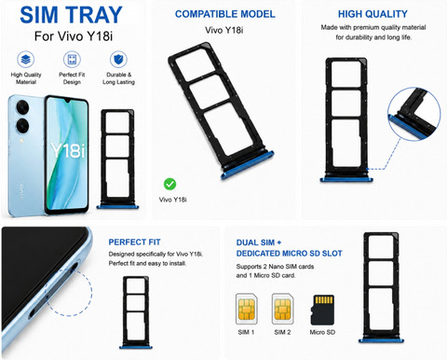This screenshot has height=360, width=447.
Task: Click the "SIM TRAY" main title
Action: pos(71,15)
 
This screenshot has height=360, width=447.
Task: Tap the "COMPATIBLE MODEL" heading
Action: pos(225,14)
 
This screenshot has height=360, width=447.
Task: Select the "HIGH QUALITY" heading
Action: pos(372,14)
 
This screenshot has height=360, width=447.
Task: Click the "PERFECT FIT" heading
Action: pos(134,242)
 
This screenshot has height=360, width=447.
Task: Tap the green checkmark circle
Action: pos(169,184)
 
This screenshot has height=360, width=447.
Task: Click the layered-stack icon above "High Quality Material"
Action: pos(26,59)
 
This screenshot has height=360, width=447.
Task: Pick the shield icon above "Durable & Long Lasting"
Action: pos(118,59)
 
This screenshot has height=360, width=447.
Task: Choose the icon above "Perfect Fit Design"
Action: pos(72,59)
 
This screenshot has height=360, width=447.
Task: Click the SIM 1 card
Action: pos(246,309)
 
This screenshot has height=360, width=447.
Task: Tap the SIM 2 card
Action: pos(282,309)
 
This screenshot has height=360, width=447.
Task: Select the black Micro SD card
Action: pos(322,310)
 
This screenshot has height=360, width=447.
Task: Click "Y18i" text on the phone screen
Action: pos(68,151)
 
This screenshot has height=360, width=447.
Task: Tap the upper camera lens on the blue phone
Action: pos(22,108)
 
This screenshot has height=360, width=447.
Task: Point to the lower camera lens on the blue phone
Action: pos(22,126)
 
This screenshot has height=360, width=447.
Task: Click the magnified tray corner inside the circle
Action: pos(414,114)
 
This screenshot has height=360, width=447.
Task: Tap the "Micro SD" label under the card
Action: pos(322,332)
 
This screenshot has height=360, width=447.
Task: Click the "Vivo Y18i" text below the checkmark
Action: pos(173,200)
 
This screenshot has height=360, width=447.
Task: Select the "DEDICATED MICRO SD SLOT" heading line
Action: pos(289,254)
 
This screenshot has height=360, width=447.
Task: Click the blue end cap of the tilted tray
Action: pos(248,165)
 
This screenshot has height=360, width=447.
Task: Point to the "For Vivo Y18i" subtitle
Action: pos(74,36)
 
